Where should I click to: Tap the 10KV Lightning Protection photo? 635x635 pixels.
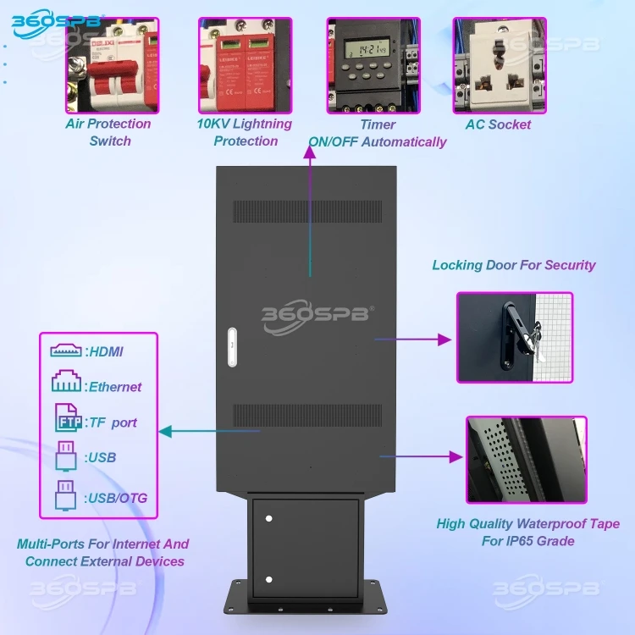coord(246,65)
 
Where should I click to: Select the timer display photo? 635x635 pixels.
coord(373,65)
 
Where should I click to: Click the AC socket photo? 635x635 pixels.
coord(499,65)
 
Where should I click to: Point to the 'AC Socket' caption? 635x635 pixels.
coord(498,124)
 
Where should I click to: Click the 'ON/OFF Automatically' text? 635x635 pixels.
coord(377,141)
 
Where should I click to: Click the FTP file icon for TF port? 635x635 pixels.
coord(66,420)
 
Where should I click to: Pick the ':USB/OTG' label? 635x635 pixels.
coord(116,498)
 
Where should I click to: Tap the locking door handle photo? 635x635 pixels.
coord(515,337)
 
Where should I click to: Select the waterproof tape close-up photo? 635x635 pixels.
coord(526,460)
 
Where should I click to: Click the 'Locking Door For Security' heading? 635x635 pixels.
coord(514,265)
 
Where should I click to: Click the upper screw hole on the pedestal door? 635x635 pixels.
coord(268,516)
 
